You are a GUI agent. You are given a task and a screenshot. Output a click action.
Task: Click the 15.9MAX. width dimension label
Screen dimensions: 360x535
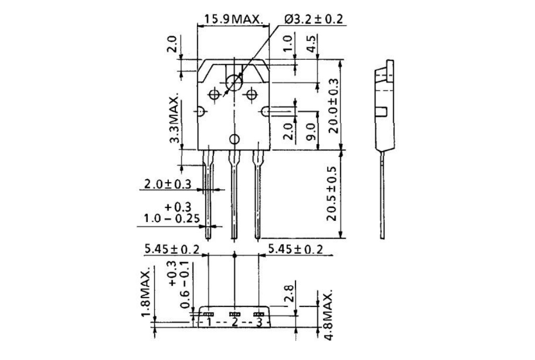pyautogui.click(x=232, y=20)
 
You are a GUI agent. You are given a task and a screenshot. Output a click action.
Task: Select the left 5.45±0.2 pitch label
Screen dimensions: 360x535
pyautogui.click(x=171, y=250)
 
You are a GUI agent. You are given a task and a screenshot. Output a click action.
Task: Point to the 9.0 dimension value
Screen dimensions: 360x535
pyautogui.click(x=311, y=132)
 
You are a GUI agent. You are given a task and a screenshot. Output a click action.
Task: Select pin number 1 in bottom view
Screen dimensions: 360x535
pyautogui.click(x=208, y=322)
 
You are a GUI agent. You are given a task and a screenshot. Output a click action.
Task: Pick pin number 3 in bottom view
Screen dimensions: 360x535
pyautogui.click(x=259, y=322)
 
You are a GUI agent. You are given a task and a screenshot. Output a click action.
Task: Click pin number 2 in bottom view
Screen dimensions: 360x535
pyautogui.click(x=234, y=322)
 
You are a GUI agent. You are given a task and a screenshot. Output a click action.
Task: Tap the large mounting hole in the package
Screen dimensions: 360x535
pyautogui.click(x=234, y=83)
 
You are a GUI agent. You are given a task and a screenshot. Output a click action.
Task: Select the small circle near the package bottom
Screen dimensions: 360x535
pyautogui.click(x=234, y=140)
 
